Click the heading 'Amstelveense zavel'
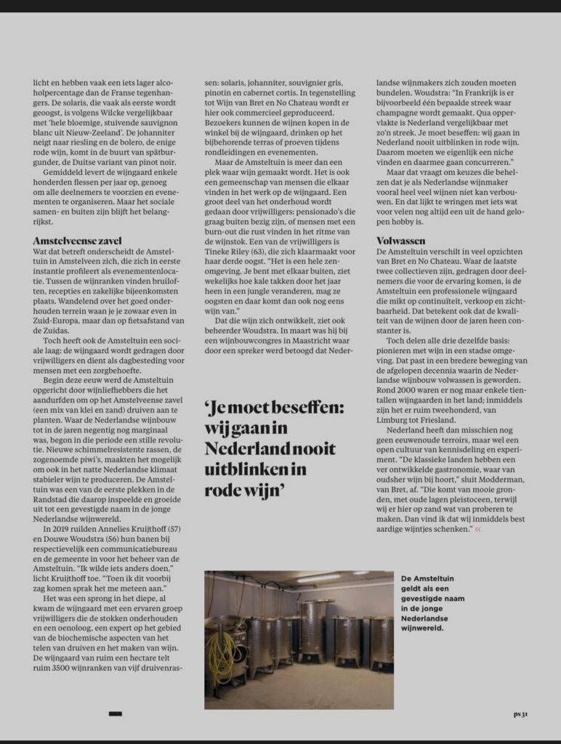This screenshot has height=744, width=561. (76, 240)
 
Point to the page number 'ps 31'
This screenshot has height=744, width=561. (520, 714)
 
